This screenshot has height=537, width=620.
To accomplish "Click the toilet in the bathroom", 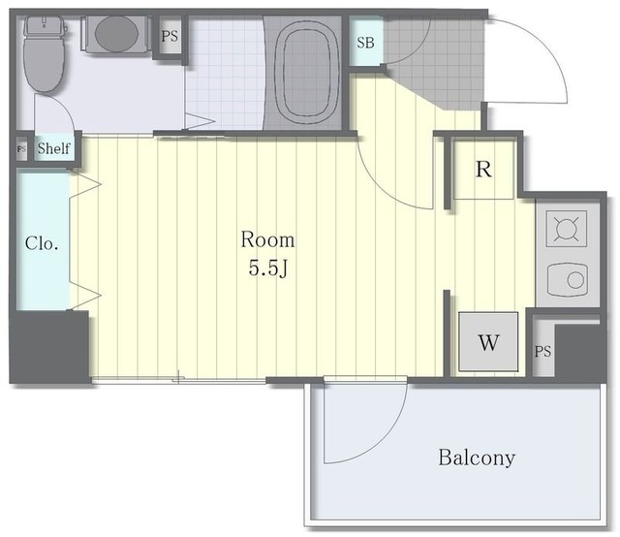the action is point(44,54).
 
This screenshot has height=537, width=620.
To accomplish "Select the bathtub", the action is point(302,73).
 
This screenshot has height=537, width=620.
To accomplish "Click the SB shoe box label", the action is point(365,43).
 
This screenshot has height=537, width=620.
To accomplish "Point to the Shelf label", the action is point(54,148).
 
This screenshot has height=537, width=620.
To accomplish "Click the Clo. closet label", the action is point(42,243).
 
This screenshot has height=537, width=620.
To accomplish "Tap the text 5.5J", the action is point(267,268).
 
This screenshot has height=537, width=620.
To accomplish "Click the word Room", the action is point(267,239).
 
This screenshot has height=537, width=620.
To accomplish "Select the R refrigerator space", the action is point(483,169).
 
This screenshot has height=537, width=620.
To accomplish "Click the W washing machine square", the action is point(488,342).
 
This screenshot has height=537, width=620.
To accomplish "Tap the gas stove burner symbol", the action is point(566,229).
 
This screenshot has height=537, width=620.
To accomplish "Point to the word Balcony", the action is point(477,458).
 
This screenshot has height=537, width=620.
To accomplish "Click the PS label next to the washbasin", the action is point(170,37).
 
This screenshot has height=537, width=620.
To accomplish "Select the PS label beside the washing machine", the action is point(542,351).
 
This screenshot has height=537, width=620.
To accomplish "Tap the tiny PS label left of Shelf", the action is point(21,149).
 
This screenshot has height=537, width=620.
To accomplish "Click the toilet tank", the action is point(44,26).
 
